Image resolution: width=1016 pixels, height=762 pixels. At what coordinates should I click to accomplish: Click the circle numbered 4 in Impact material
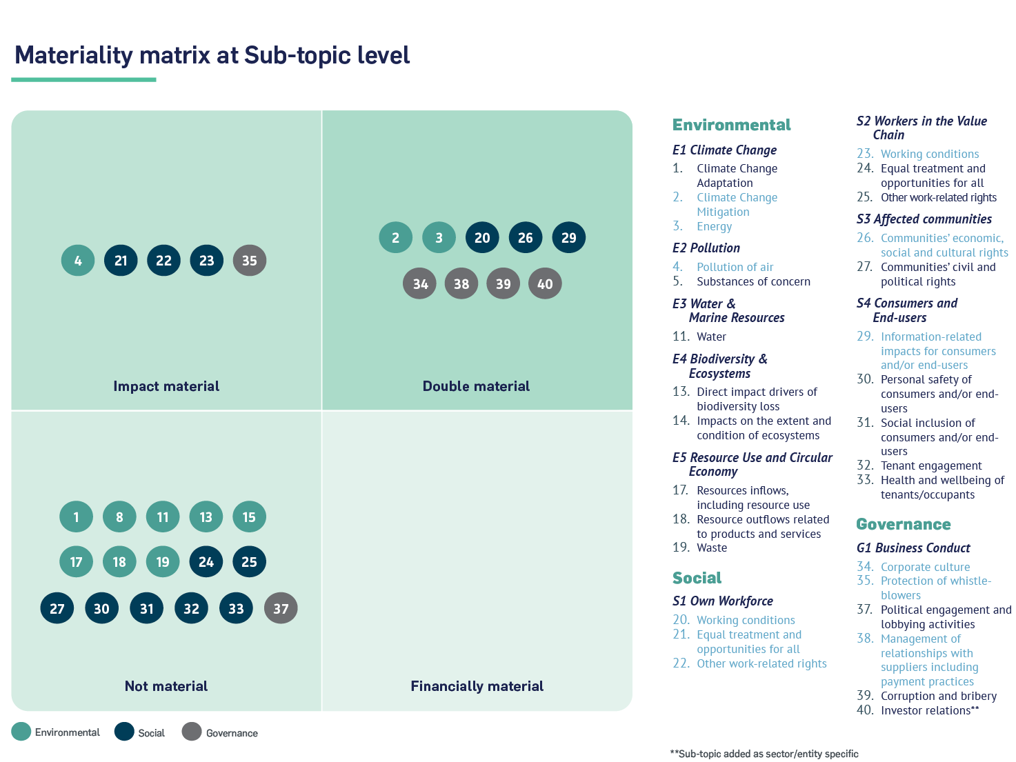coord(78,261)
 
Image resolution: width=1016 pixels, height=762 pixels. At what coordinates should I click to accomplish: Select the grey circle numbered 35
coord(250,261)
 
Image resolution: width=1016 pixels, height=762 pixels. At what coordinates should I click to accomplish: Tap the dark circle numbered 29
coord(569,238)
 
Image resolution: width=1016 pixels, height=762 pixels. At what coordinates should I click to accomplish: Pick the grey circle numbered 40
coord(545,284)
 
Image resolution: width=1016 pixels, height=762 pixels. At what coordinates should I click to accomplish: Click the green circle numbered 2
coord(395,238)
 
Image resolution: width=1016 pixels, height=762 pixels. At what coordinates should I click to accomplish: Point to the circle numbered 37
coord(281,609)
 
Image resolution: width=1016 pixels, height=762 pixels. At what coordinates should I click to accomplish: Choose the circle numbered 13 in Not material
coord(206,517)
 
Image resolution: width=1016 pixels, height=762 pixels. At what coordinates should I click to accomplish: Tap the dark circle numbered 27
coord(57,609)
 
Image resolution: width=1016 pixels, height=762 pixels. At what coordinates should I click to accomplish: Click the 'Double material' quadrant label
coord(476,386)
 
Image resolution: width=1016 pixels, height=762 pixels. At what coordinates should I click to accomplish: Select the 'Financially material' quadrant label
coord(477,686)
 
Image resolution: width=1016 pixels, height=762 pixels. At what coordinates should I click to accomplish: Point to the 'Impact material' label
coord(166,386)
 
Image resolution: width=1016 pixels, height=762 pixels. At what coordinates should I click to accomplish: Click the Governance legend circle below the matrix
coord(192,732)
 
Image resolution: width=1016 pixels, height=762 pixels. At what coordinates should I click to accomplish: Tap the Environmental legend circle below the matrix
coord(21,732)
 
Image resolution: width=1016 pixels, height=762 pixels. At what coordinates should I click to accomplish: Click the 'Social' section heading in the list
coord(697,578)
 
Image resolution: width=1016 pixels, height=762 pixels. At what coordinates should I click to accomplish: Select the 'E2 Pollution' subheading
coord(706,248)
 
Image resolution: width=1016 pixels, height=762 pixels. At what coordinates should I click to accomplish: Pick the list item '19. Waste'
coord(699,548)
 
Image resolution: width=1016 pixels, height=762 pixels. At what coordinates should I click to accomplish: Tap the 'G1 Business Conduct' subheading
coord(913,548)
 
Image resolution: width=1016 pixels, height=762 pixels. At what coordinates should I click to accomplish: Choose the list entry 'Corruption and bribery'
coord(938,696)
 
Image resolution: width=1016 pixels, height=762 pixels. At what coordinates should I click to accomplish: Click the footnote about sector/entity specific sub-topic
coord(764,754)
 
